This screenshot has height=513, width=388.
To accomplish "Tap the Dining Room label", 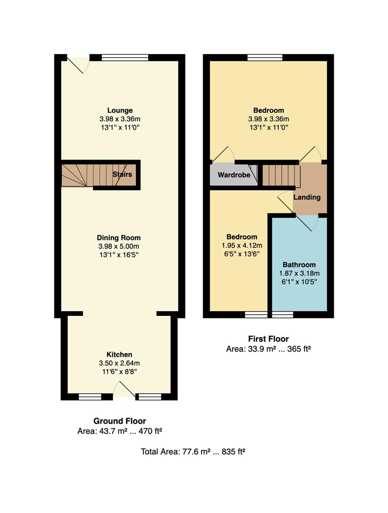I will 118,237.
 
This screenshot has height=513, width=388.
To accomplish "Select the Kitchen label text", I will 119,354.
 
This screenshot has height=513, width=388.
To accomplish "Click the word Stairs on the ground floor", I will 122,174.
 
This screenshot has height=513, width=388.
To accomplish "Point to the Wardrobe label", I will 234,175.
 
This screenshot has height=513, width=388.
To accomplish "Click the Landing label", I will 307,197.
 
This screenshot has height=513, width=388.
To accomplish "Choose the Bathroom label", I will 299,265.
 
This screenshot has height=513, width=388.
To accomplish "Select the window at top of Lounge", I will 125,57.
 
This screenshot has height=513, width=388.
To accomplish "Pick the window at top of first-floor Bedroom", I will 265,57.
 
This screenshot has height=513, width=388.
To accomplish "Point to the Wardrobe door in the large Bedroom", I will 223,153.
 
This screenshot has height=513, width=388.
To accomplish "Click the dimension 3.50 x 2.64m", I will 119,363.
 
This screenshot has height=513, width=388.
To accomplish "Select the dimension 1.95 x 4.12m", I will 242,246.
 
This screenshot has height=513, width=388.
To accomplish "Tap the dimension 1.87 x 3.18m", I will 299,273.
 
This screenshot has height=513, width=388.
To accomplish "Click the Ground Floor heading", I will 119,421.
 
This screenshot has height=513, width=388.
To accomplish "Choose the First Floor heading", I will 268,339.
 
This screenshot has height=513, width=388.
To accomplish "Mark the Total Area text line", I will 193,451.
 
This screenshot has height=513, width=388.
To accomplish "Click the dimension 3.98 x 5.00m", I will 118,246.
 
